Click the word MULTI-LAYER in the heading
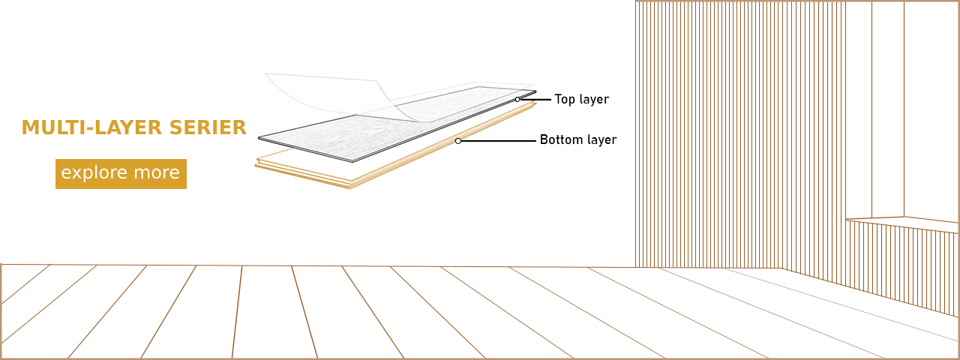[91, 127]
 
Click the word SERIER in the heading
[208, 127]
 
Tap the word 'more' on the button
[157, 172]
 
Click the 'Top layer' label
[581, 100]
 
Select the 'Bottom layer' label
[578, 139]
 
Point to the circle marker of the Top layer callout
[517, 100]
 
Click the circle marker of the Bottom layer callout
[458, 141]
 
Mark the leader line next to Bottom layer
[499, 140]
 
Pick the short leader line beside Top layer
[535, 100]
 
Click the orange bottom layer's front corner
[350, 187]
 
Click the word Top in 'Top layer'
[565, 100]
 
